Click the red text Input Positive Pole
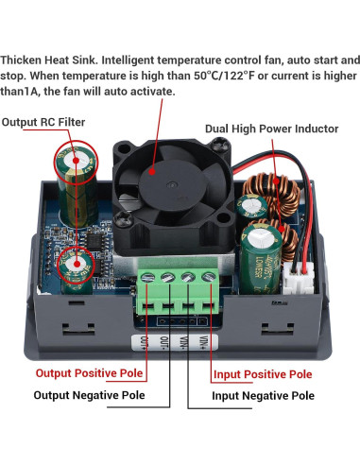pyautogui.click(x=262, y=374)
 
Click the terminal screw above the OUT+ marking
pyautogui.click(x=149, y=278)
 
